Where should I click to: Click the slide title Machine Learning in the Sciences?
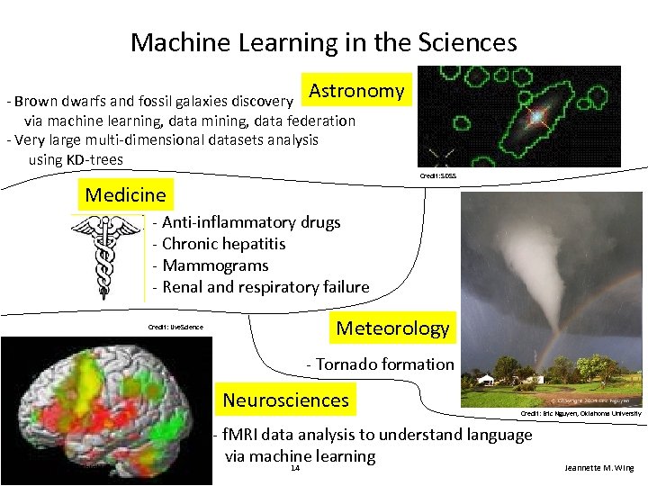coord(323,42)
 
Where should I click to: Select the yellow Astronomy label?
coord(356,91)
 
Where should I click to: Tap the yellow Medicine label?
coord(125,194)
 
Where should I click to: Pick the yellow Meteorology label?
coord(392,328)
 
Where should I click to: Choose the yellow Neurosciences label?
coord(285,400)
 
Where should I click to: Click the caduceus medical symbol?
coord(107,256)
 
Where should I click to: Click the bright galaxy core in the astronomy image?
coord(537,117)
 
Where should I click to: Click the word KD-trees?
coord(94,160)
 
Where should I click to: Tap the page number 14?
coord(295,468)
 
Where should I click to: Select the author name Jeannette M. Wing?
coord(598,468)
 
